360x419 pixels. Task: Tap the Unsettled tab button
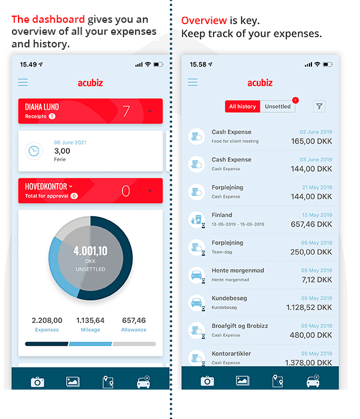click(278, 106)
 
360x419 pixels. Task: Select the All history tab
click(242, 106)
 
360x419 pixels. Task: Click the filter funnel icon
click(320, 106)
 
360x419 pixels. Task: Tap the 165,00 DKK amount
click(311, 142)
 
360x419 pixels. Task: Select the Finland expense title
click(222, 215)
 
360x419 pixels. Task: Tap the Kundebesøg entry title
click(229, 298)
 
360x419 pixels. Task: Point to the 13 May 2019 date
click(317, 215)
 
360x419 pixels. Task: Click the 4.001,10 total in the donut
click(91, 252)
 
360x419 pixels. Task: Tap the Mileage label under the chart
click(91, 330)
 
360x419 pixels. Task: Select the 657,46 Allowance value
click(134, 321)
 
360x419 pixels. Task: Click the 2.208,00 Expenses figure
click(47, 321)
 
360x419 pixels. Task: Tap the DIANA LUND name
click(42, 107)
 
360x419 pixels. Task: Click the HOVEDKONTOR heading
click(46, 187)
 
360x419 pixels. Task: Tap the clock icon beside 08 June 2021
click(34, 151)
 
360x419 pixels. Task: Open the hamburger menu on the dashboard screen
click(23, 82)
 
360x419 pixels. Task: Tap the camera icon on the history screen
click(208, 381)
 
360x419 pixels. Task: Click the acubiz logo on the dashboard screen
click(91, 83)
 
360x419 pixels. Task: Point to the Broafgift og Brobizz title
click(240, 326)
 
